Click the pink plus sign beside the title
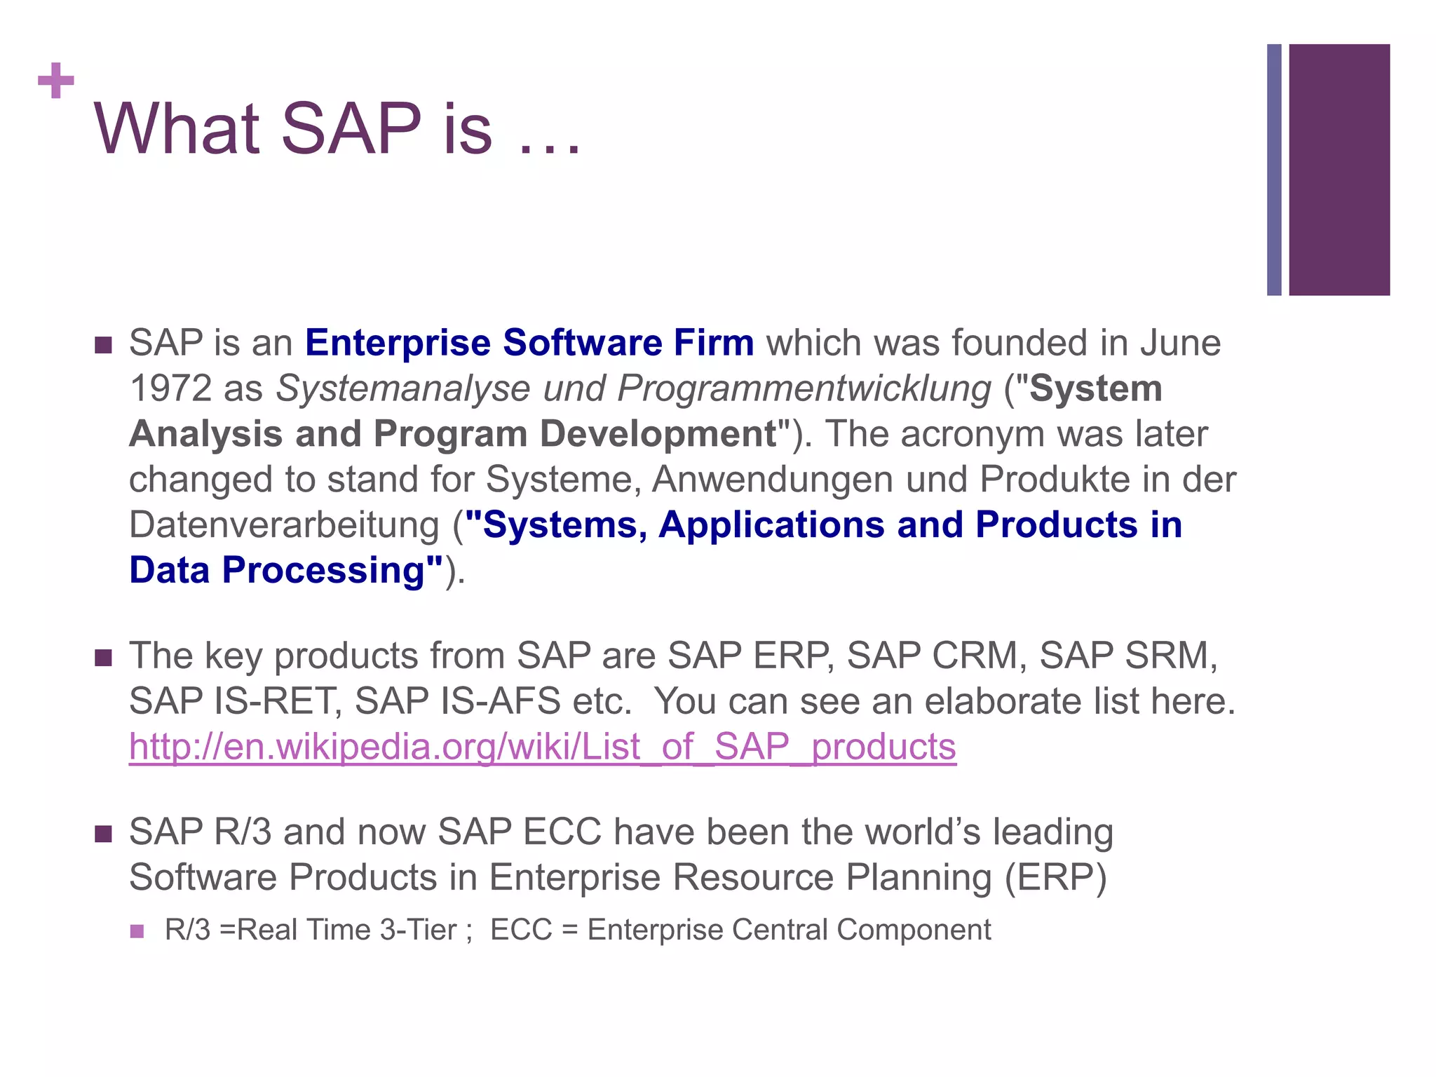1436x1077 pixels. (56, 81)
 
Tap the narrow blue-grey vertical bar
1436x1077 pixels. (1274, 170)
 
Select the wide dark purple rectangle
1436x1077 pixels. (1339, 170)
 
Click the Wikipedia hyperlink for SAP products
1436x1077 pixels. (542, 747)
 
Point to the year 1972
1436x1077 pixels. (170, 388)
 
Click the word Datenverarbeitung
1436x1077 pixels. (284, 525)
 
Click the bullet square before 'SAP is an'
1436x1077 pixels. (104, 345)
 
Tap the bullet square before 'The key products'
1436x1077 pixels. (104, 658)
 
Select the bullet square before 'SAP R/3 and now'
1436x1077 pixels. (104, 834)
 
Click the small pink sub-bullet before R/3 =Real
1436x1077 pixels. (137, 931)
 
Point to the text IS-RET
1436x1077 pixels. (277, 701)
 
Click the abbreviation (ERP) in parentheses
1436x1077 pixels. (1055, 878)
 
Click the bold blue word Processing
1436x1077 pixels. (332, 571)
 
